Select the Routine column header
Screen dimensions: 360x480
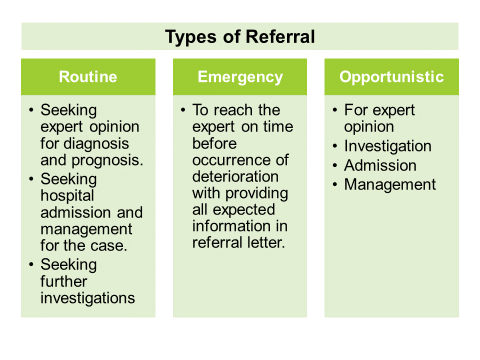(x=88, y=77)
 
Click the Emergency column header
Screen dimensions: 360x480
(x=240, y=77)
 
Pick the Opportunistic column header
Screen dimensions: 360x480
(x=391, y=77)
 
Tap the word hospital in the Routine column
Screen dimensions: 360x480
(x=60, y=195)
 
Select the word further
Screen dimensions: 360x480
(x=64, y=281)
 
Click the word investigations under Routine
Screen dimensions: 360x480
(x=88, y=298)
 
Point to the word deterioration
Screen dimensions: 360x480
(x=235, y=176)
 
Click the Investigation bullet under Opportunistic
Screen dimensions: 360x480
(x=387, y=146)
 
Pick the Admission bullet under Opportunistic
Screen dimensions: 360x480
(x=380, y=165)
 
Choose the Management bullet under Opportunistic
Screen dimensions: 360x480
(x=390, y=185)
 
